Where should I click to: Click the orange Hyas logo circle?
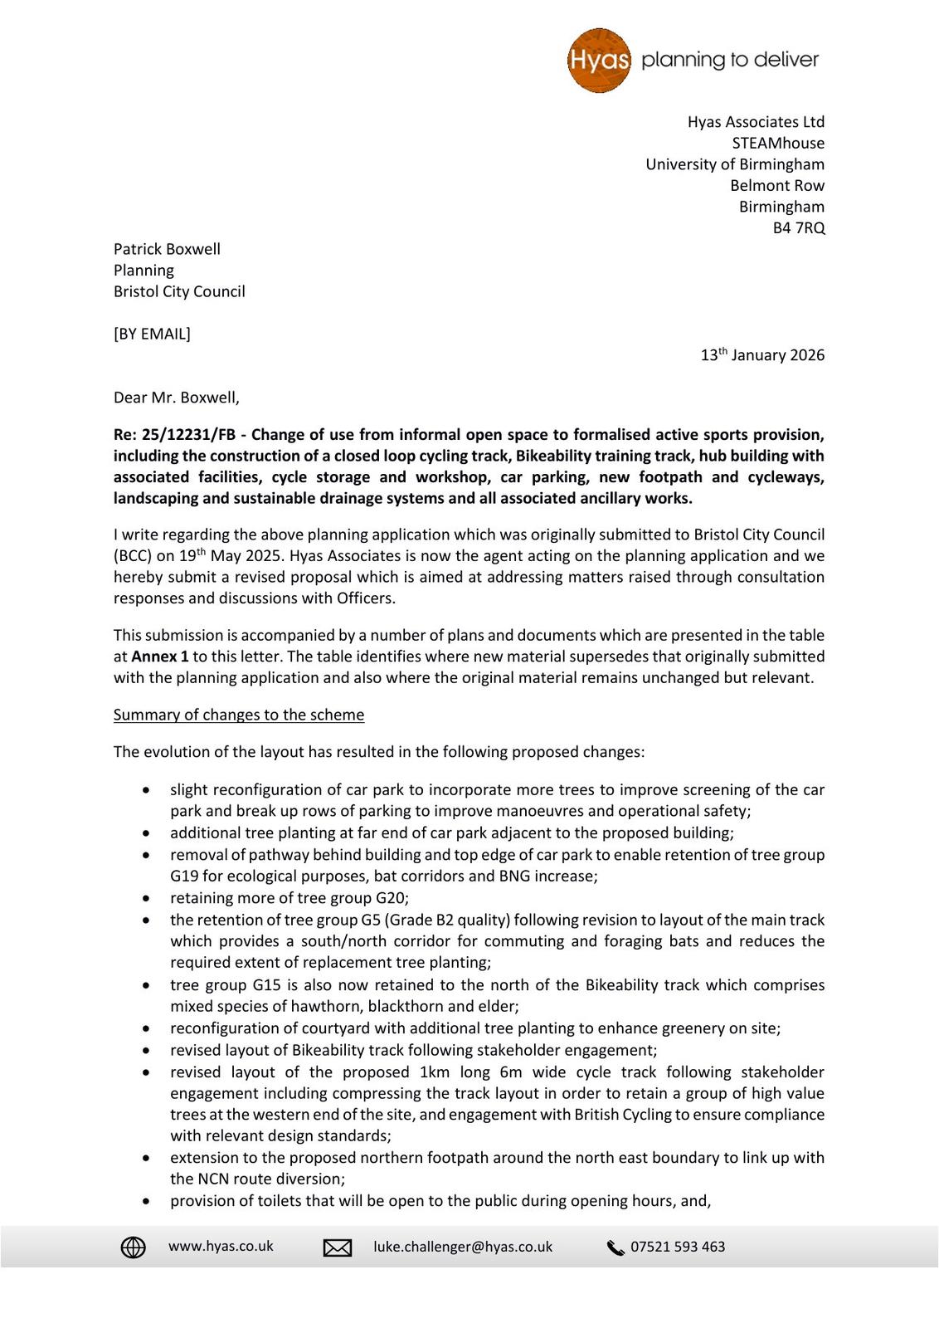[x=599, y=61]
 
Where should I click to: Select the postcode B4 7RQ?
[x=799, y=228]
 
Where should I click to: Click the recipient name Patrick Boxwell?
[x=167, y=249]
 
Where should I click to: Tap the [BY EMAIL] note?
[x=152, y=334]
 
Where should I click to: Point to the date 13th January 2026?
[x=762, y=355]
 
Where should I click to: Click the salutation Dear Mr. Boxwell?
[x=176, y=398]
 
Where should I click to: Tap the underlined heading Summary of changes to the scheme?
[x=239, y=715]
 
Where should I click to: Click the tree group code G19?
[x=184, y=876]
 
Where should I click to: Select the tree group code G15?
[x=250, y=985]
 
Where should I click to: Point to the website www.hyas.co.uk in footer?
[x=221, y=1247]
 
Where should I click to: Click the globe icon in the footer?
[x=134, y=1247]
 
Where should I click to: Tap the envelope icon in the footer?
[x=338, y=1247]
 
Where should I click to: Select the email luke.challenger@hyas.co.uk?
[x=463, y=1247]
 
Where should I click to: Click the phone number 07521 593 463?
[x=678, y=1247]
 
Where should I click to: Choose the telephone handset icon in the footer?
[x=615, y=1247]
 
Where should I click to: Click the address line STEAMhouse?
[x=778, y=144]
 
